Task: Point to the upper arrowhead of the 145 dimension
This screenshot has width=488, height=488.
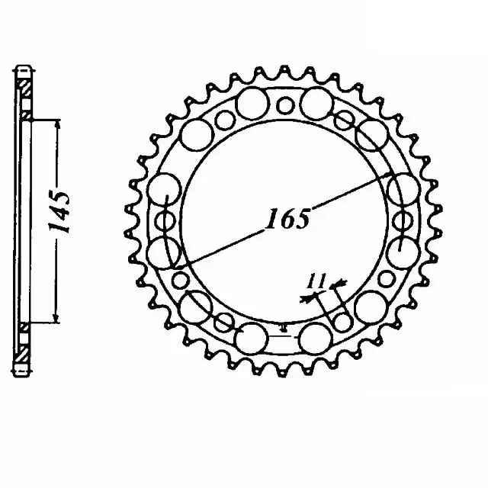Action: (x=55, y=122)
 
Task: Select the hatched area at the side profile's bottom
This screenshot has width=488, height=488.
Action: (x=24, y=347)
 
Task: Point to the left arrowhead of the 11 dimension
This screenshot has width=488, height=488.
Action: (x=306, y=299)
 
